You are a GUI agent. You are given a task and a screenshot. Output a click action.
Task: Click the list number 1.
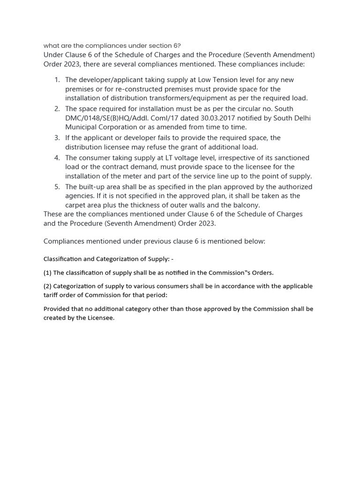click(56, 80)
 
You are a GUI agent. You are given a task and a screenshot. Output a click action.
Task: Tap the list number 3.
click(56, 138)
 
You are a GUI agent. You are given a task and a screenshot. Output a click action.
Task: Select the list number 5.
click(56, 187)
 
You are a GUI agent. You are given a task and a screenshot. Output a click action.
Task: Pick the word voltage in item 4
click(175, 158)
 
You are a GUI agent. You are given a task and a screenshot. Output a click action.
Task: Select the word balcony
click(247, 205)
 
